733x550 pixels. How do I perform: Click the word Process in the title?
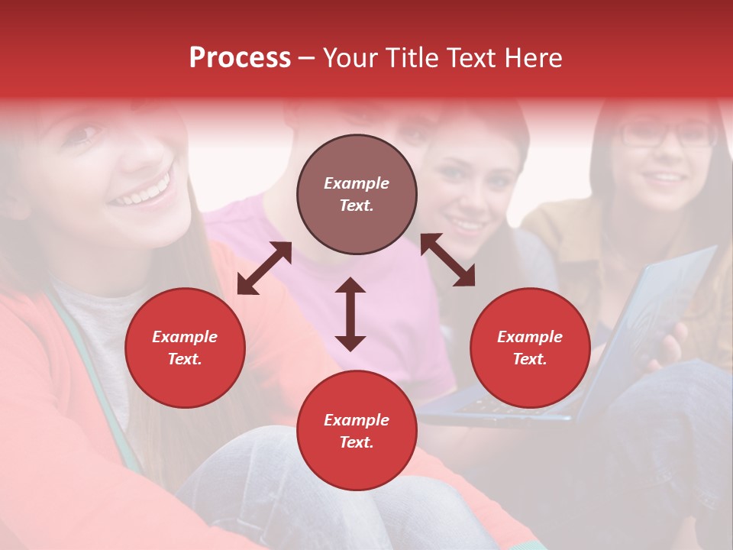pos(240,58)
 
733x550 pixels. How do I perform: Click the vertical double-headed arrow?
pos(350,314)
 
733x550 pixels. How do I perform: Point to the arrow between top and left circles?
pos(264,268)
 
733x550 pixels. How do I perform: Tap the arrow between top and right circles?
pos(447,260)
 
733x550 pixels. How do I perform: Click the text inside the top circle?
pos(357,194)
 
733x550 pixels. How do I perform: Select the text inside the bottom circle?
pos(357,431)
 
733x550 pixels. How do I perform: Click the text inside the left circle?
pos(185,348)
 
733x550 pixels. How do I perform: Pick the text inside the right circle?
pos(530,348)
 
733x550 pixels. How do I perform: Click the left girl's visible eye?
pos(89,134)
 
